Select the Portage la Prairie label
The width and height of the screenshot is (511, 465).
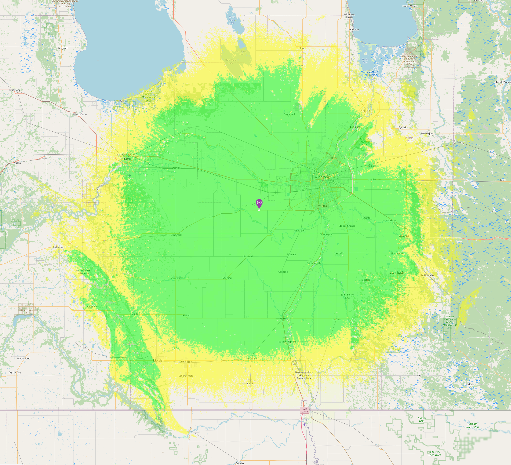pos(127,157)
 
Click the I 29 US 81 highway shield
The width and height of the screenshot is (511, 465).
pos(305,410)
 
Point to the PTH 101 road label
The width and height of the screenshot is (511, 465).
pos(334,158)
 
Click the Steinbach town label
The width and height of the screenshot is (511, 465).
pos(397,272)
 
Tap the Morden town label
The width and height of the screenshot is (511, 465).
pos(159,360)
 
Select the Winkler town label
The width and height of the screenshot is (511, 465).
pos(186,362)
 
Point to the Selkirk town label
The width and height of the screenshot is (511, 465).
pos(365,111)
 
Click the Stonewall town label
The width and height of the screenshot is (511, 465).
pos(289,114)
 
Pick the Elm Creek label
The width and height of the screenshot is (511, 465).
pos(176,235)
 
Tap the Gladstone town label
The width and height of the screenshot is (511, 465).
pos(15,90)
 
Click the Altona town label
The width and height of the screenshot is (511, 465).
pos(250,383)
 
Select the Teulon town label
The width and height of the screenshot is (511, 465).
pos(300,48)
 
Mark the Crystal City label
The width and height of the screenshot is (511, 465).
pos(15,372)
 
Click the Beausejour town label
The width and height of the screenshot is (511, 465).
pos(427,133)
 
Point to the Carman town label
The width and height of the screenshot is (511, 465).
pos(175,278)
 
